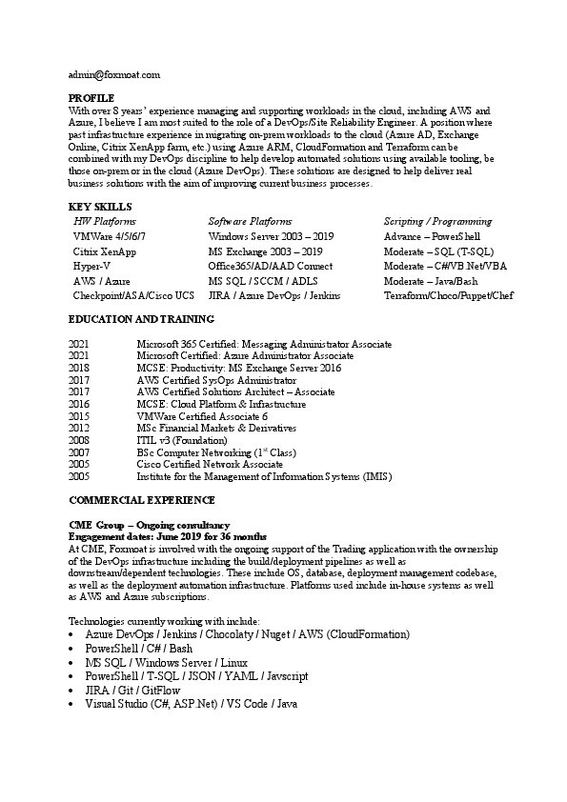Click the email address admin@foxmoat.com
113,73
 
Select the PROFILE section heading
91,98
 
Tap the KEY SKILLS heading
100,207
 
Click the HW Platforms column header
105,221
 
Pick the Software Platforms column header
250,221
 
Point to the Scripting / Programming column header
437,221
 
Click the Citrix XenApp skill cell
104,251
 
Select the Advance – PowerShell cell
432,236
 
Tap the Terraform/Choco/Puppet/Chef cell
448,296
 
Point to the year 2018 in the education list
79,368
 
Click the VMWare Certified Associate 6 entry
202,416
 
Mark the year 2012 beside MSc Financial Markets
79,429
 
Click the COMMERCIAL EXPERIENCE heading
142,500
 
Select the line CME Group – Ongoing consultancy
150,525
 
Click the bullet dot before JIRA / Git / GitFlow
73,689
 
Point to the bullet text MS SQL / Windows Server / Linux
166,662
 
